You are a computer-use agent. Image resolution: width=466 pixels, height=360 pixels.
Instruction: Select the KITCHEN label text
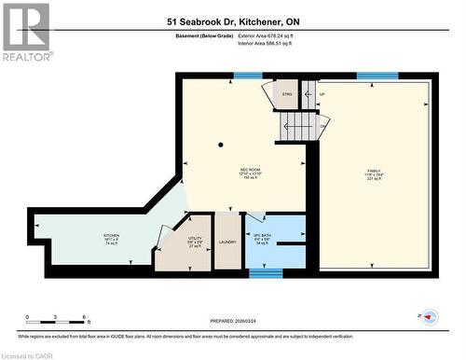(x=112, y=236)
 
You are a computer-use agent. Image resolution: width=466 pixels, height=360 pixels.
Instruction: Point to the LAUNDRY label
(x=227, y=242)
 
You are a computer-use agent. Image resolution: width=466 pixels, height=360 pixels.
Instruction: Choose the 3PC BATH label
(x=262, y=235)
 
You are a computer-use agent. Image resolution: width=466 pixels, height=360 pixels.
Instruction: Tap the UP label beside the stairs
(x=322, y=94)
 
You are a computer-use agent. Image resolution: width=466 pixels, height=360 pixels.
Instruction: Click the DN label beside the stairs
(x=322, y=127)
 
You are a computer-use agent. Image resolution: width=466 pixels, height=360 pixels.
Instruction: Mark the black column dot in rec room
(x=221, y=145)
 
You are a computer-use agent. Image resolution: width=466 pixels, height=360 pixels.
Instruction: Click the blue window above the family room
(x=377, y=76)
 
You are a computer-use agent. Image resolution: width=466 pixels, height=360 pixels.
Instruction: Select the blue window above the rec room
(x=247, y=76)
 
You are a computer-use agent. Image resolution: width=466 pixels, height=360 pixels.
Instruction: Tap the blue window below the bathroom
(x=266, y=273)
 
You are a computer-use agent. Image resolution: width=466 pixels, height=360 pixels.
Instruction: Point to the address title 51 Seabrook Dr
(x=233, y=21)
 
